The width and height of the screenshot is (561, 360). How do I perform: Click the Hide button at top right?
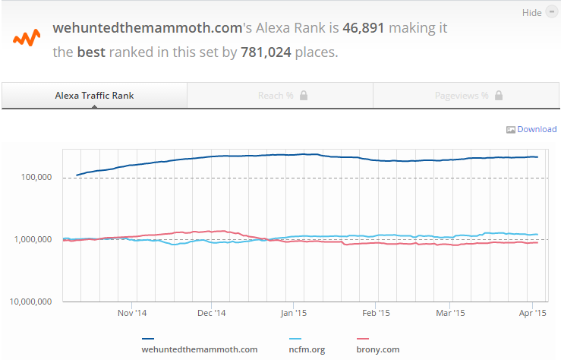click(537, 13)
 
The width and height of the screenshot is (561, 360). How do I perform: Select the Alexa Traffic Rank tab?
click(94, 96)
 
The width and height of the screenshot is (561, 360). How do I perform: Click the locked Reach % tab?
click(280, 96)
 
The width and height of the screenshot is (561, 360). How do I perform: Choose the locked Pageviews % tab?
click(466, 96)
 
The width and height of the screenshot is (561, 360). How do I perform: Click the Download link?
click(537, 129)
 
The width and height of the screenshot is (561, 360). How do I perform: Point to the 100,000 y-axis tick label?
click(34, 178)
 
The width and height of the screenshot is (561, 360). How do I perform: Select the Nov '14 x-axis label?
click(131, 312)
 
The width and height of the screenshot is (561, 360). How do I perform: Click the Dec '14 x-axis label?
click(212, 312)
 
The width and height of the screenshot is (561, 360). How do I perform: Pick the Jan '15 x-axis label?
click(293, 312)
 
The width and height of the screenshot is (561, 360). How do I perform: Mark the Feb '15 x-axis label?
click(375, 312)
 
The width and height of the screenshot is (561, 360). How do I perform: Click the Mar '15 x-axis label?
click(450, 312)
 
